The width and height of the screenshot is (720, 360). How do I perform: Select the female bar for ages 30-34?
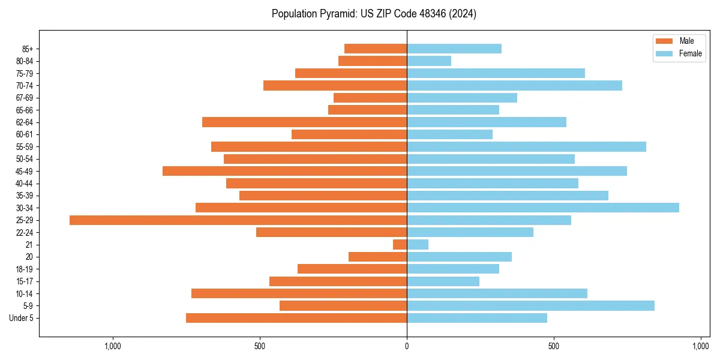[543, 208]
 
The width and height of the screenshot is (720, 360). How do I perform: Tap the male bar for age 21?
[400, 245]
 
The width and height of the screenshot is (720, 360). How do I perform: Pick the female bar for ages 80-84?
[429, 61]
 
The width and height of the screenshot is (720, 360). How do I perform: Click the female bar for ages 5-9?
[530, 306]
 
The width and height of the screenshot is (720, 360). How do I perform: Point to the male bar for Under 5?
[296, 318]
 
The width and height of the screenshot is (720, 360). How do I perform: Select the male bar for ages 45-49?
[284, 171]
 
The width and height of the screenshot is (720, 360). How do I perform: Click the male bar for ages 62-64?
[304, 122]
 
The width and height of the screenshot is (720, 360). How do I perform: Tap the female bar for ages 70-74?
[514, 86]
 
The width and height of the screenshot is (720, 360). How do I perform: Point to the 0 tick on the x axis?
[407, 346]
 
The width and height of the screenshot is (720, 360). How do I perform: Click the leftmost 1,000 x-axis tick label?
[113, 346]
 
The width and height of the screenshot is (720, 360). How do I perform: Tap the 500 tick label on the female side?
[554, 346]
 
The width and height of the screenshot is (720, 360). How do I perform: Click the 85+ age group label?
[26, 49]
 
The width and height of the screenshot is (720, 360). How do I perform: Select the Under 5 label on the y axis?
[22, 318]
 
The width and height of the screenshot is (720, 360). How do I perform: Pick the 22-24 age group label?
[25, 233]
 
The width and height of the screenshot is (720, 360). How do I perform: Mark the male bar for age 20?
[377, 257]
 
